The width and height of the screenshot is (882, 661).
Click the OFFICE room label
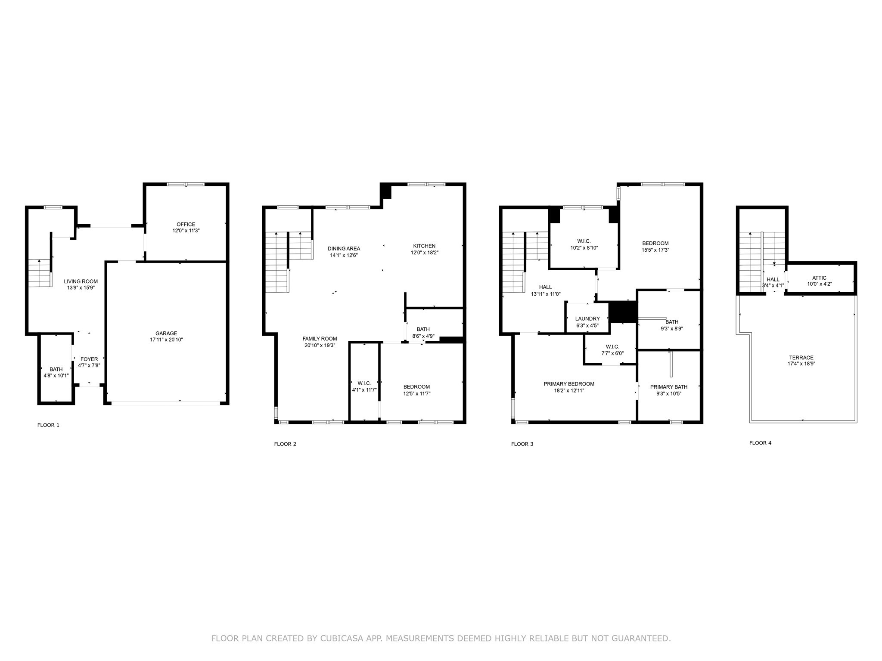[186, 224]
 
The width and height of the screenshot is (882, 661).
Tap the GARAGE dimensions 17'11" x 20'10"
[166, 340]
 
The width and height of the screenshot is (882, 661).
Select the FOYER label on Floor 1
[89, 359]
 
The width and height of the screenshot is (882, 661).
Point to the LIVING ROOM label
[81, 281]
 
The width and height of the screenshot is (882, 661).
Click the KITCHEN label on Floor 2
[424, 246]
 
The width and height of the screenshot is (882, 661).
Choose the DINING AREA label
[344, 248]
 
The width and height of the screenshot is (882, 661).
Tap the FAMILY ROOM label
[320, 339]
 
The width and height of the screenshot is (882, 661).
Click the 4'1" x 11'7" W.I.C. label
[364, 383]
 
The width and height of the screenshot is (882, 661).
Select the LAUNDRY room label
[587, 319]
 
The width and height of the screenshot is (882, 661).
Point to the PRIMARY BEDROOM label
[569, 384]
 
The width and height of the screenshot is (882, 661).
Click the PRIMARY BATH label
[669, 387]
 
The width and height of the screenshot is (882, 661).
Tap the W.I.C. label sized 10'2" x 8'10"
[584, 241]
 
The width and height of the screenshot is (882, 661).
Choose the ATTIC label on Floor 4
[819, 278]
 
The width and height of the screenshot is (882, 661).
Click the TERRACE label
[801, 357]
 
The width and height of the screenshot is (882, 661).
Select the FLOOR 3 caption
[522, 444]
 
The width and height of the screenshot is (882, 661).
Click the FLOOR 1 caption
[48, 425]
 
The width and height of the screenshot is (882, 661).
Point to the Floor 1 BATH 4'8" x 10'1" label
[56, 369]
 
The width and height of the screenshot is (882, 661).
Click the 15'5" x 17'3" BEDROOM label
[655, 243]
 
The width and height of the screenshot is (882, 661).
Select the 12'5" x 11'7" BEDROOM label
[416, 386]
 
